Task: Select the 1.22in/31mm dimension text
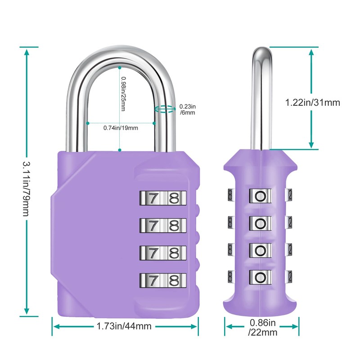click(x=312, y=103)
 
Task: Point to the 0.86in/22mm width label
click(x=262, y=328)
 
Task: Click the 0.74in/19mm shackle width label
click(x=121, y=128)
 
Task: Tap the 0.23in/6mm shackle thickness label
click(x=188, y=109)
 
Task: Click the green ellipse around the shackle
click(x=164, y=109)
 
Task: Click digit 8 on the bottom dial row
click(x=174, y=279)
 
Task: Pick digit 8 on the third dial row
click(x=174, y=252)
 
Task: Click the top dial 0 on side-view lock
click(x=260, y=195)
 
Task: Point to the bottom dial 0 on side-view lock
click(x=260, y=275)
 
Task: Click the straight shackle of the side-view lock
click(x=261, y=99)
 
